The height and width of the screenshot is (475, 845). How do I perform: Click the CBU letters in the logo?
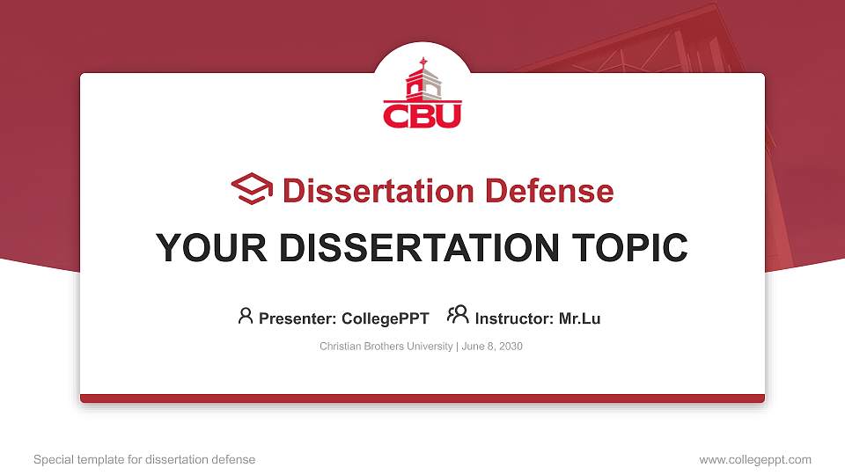(422, 115)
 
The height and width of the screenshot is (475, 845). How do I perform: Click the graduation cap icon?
(252, 190)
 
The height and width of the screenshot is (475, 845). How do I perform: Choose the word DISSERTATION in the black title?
(412, 248)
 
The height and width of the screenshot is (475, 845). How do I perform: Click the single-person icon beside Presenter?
(246, 315)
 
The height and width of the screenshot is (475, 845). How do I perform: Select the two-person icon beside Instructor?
(458, 315)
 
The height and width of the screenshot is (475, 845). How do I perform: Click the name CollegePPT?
(385, 318)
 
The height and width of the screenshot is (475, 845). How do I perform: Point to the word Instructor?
(514, 318)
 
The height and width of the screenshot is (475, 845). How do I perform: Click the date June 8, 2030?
(492, 347)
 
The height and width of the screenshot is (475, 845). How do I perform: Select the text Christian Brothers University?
(386, 347)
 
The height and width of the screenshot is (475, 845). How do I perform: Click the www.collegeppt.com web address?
(754, 459)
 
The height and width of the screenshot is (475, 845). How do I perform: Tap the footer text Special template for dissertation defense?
(143, 459)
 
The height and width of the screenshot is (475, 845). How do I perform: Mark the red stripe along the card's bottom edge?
(422, 398)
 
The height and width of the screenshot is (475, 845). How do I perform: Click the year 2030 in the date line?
(510, 347)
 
